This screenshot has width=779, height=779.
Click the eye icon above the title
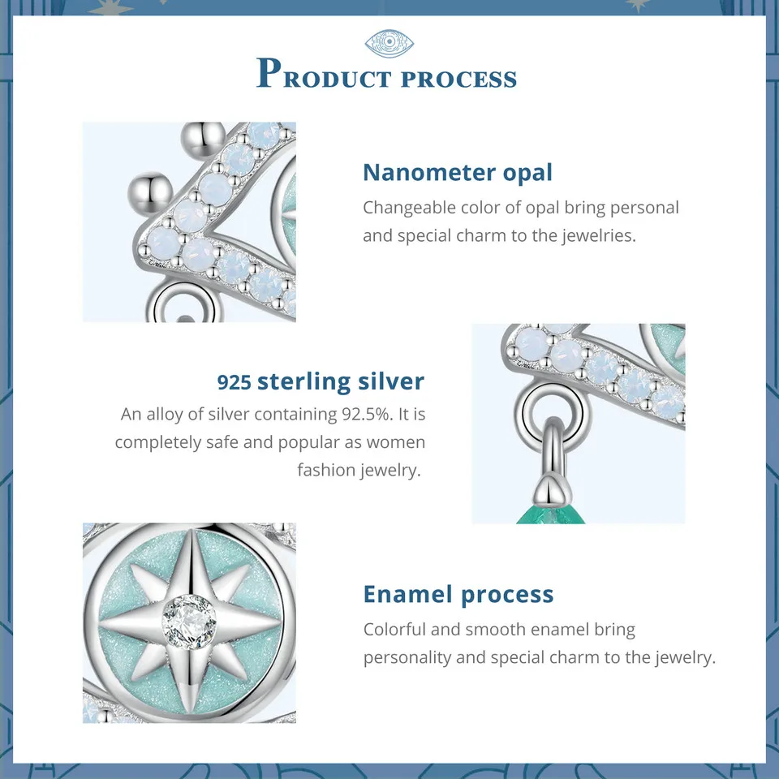[389, 43]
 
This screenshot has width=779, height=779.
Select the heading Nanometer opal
[458, 172]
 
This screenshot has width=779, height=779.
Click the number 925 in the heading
[235, 381]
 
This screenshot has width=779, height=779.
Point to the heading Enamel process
[458, 594]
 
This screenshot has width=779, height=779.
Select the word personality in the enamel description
[407, 657]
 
